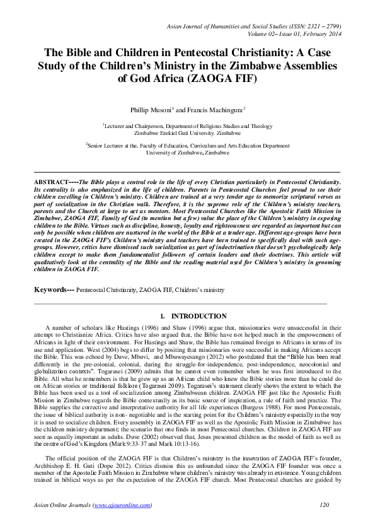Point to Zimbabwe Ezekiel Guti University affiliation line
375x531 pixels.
(187, 134)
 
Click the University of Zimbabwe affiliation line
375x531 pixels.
(187, 153)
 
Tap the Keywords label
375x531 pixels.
(54, 289)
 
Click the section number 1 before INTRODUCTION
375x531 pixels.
(163, 316)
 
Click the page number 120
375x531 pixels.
(325, 505)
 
